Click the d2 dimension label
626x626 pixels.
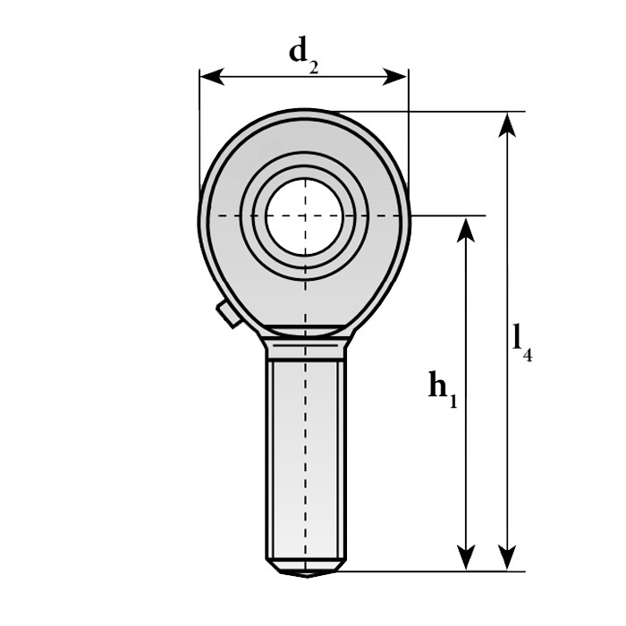pyautogui.click(x=304, y=55)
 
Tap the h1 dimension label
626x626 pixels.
pyautogui.click(x=443, y=389)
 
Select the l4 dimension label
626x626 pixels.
pyautogui.click(x=521, y=343)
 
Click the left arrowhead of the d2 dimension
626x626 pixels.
pyautogui.click(x=212, y=76)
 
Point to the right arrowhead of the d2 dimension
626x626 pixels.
pyautogui.click(x=395, y=76)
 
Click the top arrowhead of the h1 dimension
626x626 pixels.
pyautogui.click(x=466, y=230)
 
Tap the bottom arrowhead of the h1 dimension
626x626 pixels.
pyautogui.click(x=466, y=558)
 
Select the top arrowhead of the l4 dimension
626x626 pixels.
pyautogui.click(x=507, y=125)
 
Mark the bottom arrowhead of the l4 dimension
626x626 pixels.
pyautogui.click(x=507, y=558)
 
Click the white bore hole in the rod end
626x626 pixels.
pyautogui.click(x=305, y=216)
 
